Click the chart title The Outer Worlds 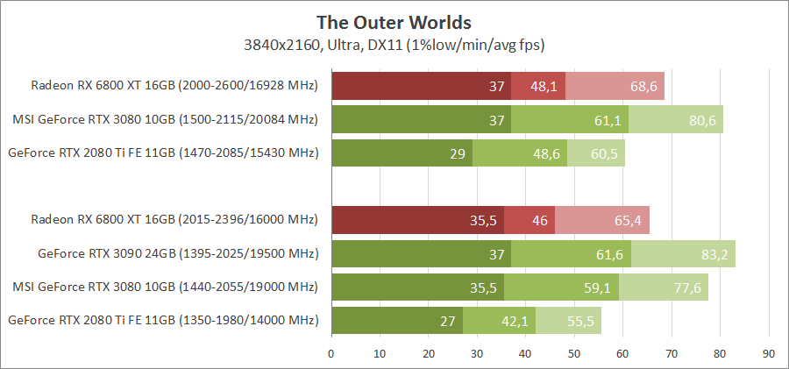click(x=394, y=21)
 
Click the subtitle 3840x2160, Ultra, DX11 click(x=394, y=43)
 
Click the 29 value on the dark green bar click(x=458, y=153)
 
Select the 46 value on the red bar click(x=538, y=220)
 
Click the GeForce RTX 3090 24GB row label click(x=177, y=254)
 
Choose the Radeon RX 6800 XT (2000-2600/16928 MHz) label click(x=174, y=86)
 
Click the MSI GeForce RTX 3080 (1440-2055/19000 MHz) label click(x=165, y=287)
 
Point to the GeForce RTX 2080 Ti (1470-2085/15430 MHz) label click(x=162, y=153)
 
